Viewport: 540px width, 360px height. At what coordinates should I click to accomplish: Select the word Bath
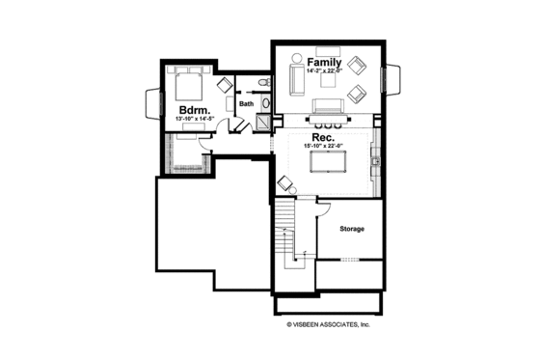tap(246, 103)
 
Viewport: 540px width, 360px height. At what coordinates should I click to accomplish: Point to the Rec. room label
tap(323, 137)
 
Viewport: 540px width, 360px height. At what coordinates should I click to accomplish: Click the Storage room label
tap(351, 229)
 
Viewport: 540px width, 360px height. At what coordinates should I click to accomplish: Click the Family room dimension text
tap(325, 71)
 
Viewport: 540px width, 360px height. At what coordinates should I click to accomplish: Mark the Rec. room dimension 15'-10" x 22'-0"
tap(324, 147)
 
